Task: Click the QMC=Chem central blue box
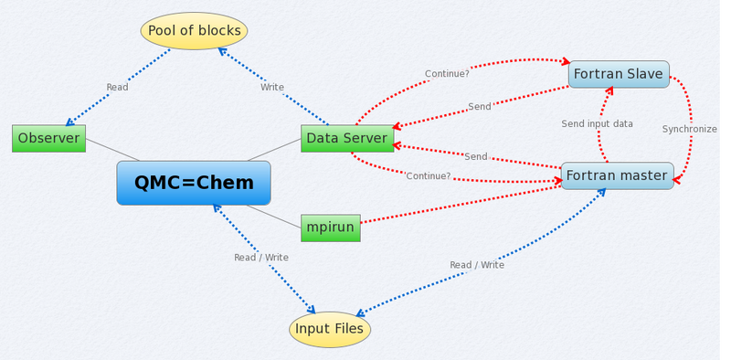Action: [x=194, y=183]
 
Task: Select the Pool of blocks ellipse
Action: [x=194, y=31]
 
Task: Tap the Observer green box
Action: [x=48, y=138]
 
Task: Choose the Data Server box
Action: [x=347, y=138]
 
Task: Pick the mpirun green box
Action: [x=331, y=228]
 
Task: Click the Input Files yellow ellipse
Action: [x=330, y=329]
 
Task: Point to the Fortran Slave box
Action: [x=619, y=74]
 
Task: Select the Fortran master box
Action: [x=617, y=175]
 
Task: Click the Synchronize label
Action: [x=689, y=129]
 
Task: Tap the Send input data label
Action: [x=597, y=123]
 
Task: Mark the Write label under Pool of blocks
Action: [x=272, y=88]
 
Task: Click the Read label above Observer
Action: [x=117, y=88]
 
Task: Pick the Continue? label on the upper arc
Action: [x=447, y=74]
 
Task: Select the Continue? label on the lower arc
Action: [x=428, y=175]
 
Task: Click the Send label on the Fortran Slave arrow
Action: [x=480, y=107]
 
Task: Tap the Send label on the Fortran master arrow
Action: [x=475, y=157]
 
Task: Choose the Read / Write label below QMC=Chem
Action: [x=261, y=258]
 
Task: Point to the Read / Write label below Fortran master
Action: [x=477, y=265]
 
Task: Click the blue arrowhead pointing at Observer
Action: [x=69, y=122]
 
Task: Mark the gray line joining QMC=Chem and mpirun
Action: [x=273, y=217]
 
